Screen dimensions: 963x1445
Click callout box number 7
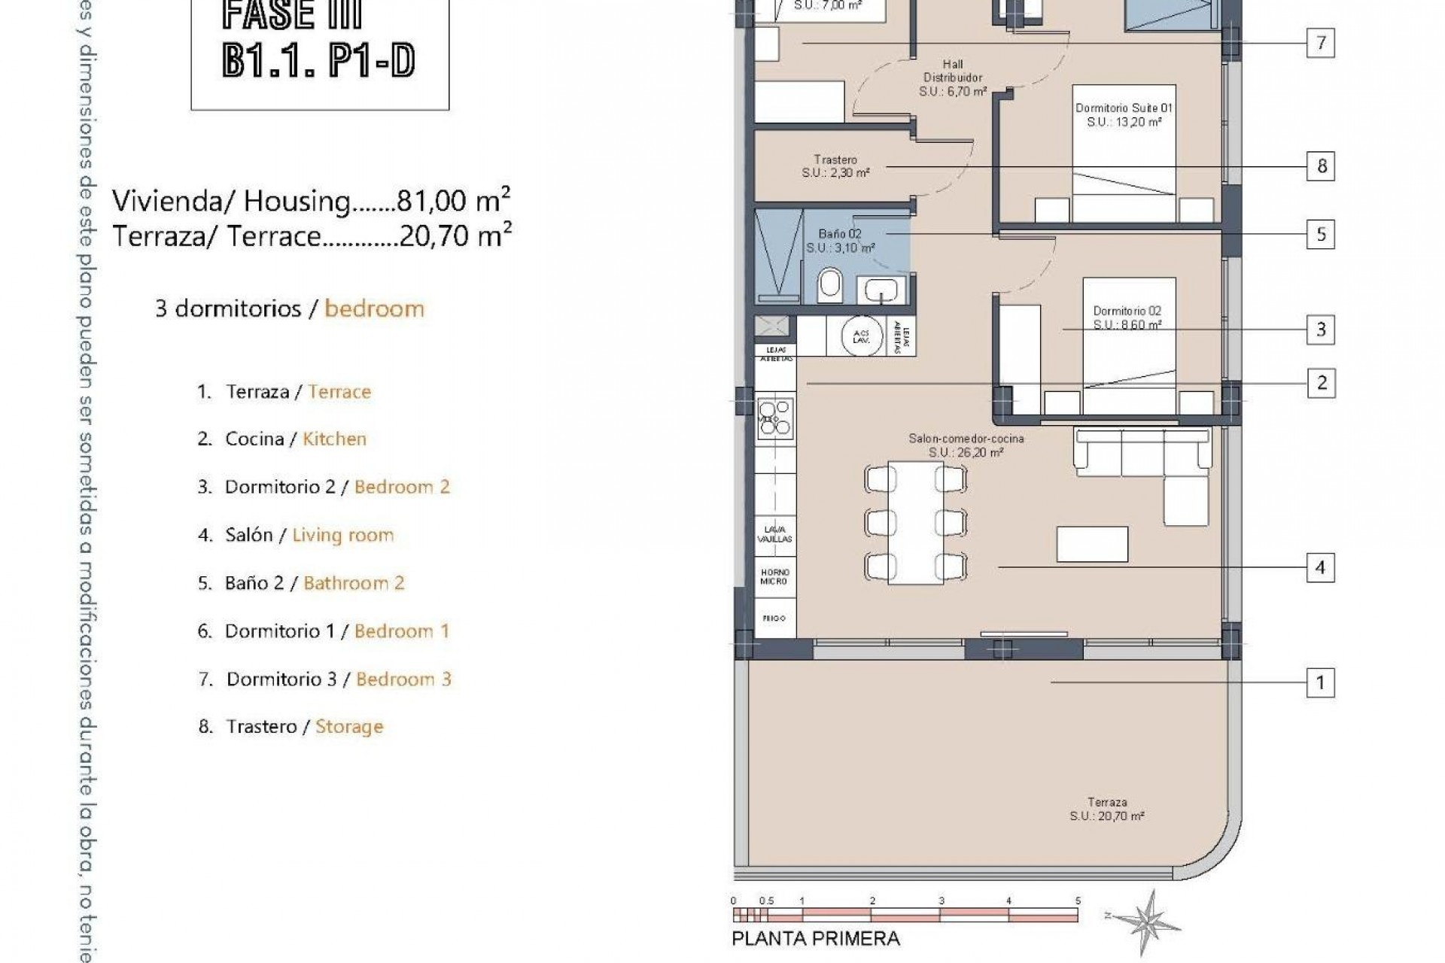point(1320,43)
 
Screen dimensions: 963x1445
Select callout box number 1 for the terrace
point(1320,682)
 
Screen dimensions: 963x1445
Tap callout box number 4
point(1320,567)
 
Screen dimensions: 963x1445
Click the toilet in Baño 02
point(829,285)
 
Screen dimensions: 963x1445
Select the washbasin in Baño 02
point(880,289)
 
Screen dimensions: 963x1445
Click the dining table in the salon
point(915,522)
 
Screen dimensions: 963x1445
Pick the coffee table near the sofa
point(1091,544)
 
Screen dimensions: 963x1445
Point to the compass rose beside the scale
point(1147,922)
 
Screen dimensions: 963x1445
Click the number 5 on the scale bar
point(1078,901)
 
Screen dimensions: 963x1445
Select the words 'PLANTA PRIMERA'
point(815,939)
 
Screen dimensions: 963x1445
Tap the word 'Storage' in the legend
point(349,727)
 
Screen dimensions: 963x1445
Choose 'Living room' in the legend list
point(342,535)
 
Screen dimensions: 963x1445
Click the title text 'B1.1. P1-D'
point(318,60)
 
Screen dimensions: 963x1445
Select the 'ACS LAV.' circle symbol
point(861,336)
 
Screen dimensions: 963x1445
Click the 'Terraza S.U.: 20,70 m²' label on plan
point(1106,809)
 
